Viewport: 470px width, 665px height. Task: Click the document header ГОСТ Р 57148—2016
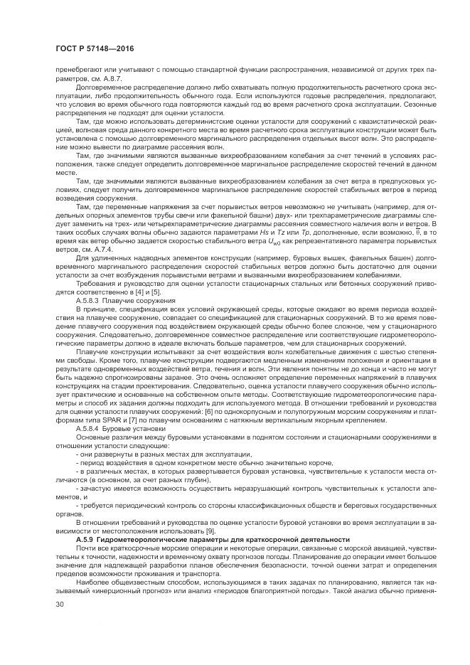(x=95, y=48)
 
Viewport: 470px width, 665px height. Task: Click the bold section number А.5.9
(x=87, y=541)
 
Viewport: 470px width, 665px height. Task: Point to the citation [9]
(x=209, y=532)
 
